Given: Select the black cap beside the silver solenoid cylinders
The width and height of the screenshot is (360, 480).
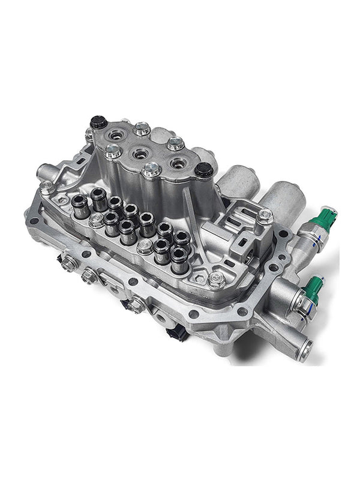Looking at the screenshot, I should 202,172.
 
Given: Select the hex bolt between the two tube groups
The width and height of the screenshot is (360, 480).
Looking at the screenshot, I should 144,246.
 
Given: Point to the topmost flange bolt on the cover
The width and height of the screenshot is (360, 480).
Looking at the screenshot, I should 141,128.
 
